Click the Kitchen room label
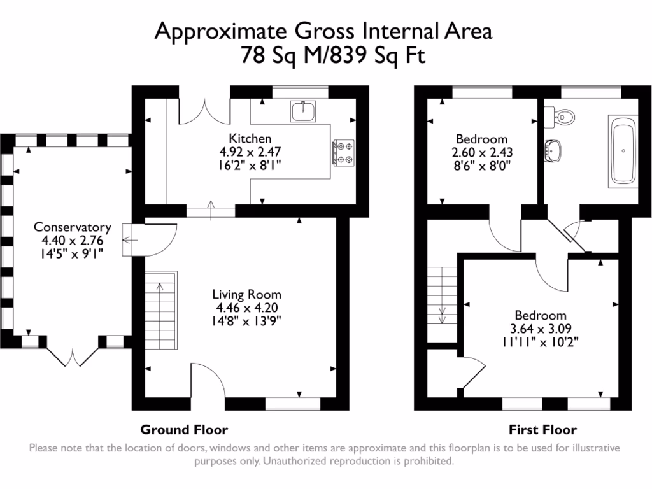[x=250, y=138]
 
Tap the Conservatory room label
[x=72, y=227]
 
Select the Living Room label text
[x=246, y=295]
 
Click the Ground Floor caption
[x=184, y=429]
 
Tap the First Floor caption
[x=542, y=429]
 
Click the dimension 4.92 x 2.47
[x=250, y=152]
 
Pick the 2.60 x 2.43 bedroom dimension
[x=482, y=153]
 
